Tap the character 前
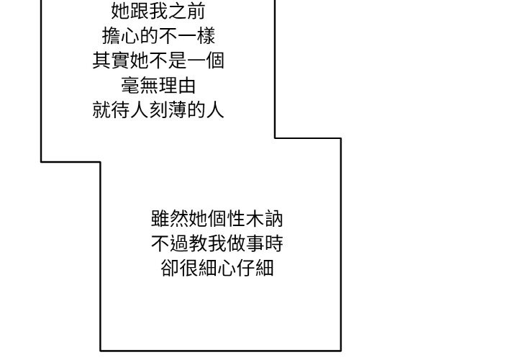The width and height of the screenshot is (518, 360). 196,11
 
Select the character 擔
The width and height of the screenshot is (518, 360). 112,36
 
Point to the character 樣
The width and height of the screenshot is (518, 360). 206,36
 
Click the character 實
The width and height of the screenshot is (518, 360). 121,60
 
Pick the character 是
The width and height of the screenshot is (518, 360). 178,60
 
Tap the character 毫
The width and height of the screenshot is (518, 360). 130,85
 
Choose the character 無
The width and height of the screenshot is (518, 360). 149,85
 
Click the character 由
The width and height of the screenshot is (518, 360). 186,85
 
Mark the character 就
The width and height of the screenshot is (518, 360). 101,110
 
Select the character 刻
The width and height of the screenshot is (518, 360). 158,110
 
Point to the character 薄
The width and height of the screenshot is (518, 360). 178,110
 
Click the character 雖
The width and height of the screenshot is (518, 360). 160,218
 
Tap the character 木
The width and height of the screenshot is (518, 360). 255,218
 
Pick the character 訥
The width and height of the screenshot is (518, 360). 274,218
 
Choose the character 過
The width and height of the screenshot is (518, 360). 179,243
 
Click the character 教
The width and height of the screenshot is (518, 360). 199,243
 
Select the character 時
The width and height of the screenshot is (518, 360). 274,243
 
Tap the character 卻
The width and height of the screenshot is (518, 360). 170,268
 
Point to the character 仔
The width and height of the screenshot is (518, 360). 245,268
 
